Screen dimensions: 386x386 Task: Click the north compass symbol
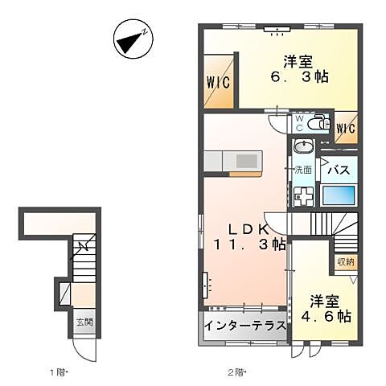[x=133, y=39]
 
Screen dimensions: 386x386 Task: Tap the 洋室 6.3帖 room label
[x=298, y=69]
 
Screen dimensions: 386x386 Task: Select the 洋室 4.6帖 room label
[x=326, y=309]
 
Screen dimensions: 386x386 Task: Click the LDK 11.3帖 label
[x=249, y=236]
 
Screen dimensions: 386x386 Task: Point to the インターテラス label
[x=245, y=326]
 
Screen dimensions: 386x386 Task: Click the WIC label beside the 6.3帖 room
[x=219, y=82]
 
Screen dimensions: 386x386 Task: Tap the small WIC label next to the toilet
[x=346, y=129]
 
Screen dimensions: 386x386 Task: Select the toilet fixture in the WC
[x=318, y=123]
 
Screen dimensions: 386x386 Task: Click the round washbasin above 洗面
[x=303, y=146]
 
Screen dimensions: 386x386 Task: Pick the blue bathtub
[x=339, y=195]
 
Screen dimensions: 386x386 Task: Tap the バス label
[x=339, y=170]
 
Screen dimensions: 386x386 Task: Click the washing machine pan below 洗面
[x=304, y=197]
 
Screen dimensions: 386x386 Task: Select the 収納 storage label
[x=346, y=261]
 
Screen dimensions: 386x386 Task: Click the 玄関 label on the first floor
[x=84, y=322]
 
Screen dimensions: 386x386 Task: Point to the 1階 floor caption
[x=59, y=372]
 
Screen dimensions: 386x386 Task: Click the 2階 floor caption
[x=237, y=372]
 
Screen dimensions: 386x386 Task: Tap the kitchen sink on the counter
[x=247, y=162]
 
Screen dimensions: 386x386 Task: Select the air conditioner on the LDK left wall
[x=205, y=285]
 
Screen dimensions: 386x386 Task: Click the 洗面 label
[x=303, y=170]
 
